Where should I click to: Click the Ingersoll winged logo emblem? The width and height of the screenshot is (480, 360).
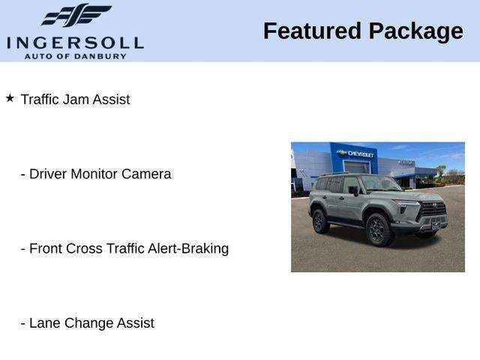76,15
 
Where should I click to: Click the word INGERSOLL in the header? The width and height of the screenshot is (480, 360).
75,42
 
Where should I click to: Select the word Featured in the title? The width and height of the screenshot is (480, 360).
310,31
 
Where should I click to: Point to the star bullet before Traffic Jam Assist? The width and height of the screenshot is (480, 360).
10,98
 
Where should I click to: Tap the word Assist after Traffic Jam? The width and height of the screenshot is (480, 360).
111,99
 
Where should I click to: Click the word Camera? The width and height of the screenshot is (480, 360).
146,174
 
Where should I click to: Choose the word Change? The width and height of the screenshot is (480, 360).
88,323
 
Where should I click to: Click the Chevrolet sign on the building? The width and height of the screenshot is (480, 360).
361,153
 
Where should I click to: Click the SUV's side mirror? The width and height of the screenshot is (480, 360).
354,190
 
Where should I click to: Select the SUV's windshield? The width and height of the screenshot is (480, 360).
380,184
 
